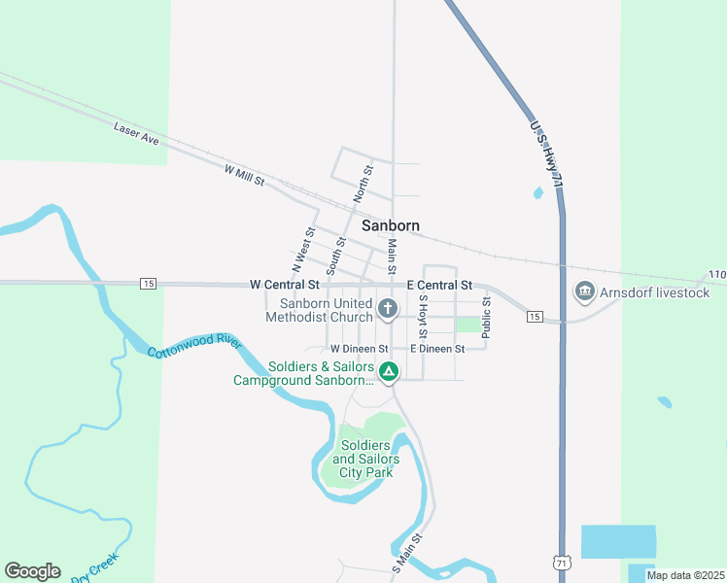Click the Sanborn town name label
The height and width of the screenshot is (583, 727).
coord(391,225)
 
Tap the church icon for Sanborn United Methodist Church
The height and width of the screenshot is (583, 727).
coord(388,310)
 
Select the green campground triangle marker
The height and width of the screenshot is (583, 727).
coord(388,371)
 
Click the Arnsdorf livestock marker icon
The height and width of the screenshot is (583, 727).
coord(585,291)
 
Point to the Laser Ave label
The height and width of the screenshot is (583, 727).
coord(136,134)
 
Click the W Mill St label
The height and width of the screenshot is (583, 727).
coord(244,176)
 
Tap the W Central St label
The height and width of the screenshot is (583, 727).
coord(284,285)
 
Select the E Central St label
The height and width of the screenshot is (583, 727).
coord(439,285)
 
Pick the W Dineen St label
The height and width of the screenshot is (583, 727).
coord(359,348)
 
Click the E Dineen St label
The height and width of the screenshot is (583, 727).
coord(437,348)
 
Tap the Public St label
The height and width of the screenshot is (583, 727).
coord(487,318)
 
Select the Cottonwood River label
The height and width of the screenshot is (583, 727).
coord(193,345)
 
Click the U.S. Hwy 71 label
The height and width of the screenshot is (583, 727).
coord(547,154)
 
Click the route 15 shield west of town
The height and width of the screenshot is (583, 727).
coord(148,284)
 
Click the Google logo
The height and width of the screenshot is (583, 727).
coord(32,571)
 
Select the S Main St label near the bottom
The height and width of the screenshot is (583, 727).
coord(408,551)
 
